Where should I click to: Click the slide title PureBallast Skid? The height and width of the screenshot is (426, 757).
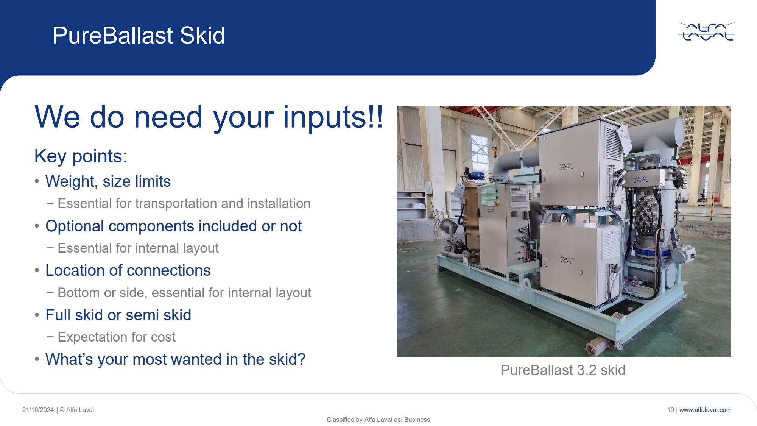(x=139, y=35)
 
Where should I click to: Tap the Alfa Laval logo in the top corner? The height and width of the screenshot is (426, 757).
(x=706, y=31)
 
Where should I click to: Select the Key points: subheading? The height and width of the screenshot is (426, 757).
(x=81, y=156)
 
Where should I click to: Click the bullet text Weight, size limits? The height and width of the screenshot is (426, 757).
(x=108, y=181)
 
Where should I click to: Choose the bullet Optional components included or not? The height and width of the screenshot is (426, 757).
(x=173, y=226)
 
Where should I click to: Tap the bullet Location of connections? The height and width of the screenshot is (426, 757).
(x=128, y=270)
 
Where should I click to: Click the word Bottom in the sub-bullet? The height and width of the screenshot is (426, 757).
(x=79, y=293)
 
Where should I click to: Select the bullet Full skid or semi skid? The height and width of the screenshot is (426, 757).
(x=118, y=315)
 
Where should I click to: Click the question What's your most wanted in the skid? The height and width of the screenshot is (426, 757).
(x=175, y=359)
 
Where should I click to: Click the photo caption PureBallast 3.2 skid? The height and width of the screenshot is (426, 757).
(x=563, y=370)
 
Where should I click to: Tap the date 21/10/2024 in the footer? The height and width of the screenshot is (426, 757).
(x=38, y=410)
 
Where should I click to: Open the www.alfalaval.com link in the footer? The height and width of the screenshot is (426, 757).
(x=705, y=410)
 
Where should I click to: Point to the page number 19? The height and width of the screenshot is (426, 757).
(x=670, y=410)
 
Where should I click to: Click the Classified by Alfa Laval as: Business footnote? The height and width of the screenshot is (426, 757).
(x=378, y=420)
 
